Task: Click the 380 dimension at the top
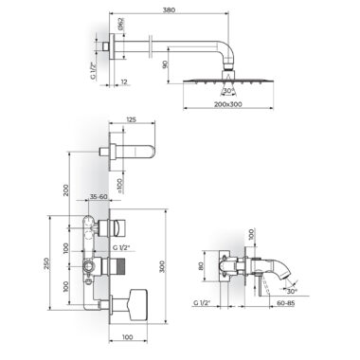(x=169, y=9)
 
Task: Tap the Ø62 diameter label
(x=122, y=24)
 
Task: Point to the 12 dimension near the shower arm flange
(x=124, y=81)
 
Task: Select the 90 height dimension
(x=165, y=64)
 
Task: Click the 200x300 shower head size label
(x=228, y=104)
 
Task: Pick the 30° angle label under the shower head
(x=228, y=91)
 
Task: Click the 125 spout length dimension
(x=131, y=119)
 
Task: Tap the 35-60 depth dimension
(x=99, y=196)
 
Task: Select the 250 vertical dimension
(x=46, y=263)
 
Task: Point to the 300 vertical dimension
(x=162, y=267)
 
